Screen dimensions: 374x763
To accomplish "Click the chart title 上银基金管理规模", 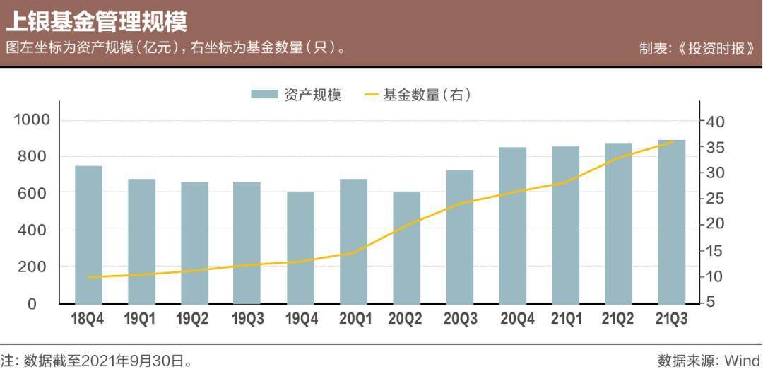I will (x=97, y=21).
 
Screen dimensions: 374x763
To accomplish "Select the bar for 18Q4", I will (x=88, y=235).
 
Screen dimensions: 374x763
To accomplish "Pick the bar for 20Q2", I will (x=406, y=247).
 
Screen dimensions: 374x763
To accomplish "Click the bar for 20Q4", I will (x=513, y=225).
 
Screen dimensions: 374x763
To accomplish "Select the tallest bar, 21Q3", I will (x=672, y=221).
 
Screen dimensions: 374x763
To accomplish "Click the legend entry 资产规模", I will (x=297, y=95).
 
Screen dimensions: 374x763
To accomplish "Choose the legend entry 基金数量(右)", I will (x=417, y=95).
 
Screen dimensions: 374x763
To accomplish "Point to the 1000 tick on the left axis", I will (x=32, y=119).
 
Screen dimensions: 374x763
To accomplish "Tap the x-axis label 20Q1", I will (x=355, y=320).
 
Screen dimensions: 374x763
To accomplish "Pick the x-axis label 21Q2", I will (x=618, y=320).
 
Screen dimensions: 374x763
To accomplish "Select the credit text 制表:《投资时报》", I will (x=700, y=49).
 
